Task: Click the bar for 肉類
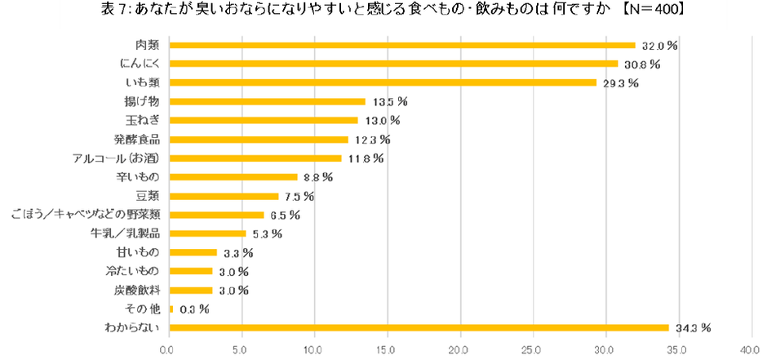click(x=401, y=45)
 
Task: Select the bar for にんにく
click(x=393, y=64)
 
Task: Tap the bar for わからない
click(x=419, y=328)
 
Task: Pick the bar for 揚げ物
click(x=267, y=102)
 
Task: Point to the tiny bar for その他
click(x=171, y=309)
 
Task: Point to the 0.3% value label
click(x=193, y=309)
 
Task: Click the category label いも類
click(x=142, y=82)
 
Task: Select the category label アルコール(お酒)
click(x=117, y=158)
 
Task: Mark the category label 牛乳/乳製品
click(x=124, y=234)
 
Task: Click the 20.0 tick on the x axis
click(x=460, y=349)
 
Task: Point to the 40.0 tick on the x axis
click(x=751, y=349)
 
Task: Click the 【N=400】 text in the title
click(x=649, y=11)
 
